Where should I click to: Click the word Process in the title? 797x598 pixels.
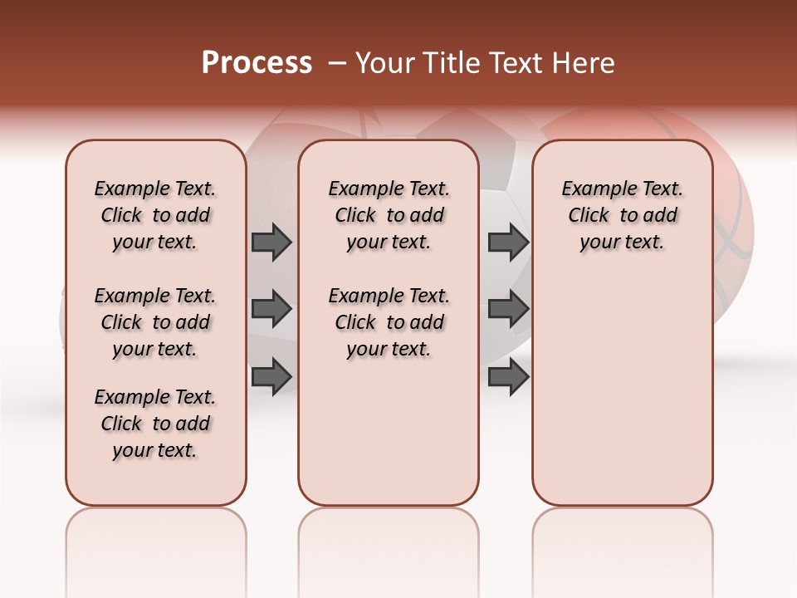click(x=257, y=63)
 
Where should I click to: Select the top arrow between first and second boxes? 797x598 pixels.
click(x=271, y=242)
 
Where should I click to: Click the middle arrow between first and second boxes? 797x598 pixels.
click(x=271, y=309)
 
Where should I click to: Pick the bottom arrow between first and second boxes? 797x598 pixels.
click(x=271, y=375)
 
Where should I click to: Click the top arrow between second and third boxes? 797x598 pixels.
click(x=508, y=242)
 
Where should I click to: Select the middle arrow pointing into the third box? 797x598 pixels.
click(x=508, y=309)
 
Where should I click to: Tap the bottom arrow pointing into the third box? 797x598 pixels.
click(x=508, y=375)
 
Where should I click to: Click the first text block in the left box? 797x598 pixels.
click(x=155, y=215)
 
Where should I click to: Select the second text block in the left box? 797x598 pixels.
click(x=155, y=322)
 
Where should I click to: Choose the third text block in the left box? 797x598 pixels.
click(x=155, y=424)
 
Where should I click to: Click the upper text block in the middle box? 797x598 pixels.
click(x=389, y=215)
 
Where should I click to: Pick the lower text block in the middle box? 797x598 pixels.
click(x=389, y=322)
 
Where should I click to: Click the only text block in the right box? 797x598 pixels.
click(x=623, y=215)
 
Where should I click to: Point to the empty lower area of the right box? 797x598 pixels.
click(x=623, y=399)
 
